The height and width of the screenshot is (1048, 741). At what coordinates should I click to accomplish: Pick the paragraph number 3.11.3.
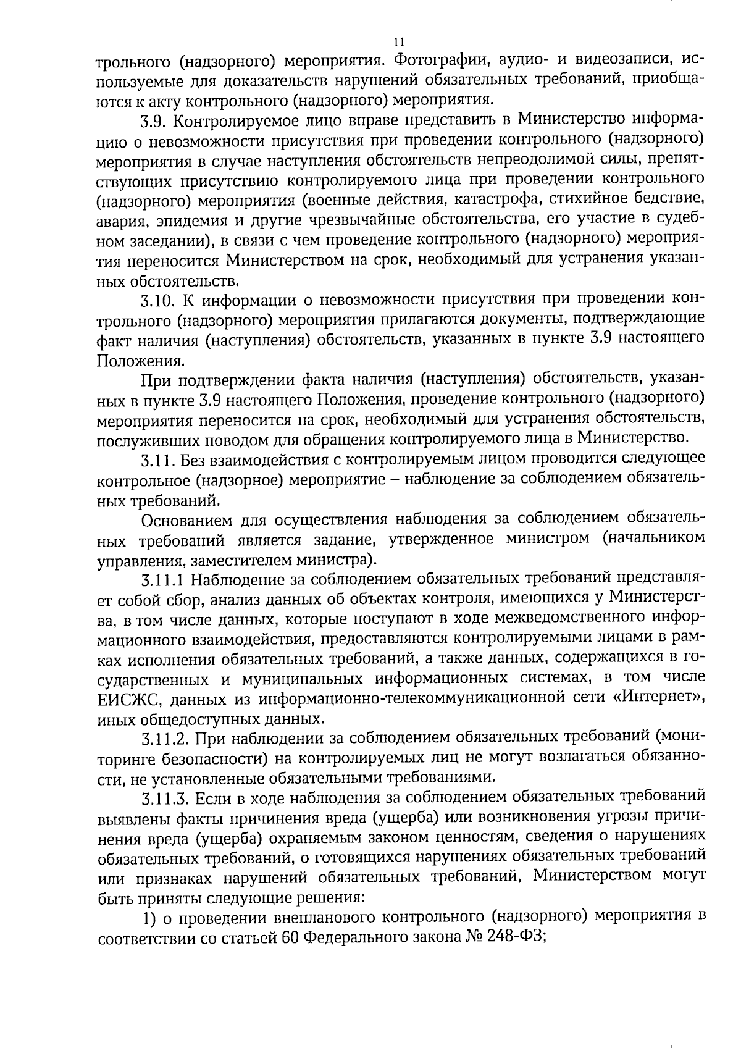click(x=164, y=798)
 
